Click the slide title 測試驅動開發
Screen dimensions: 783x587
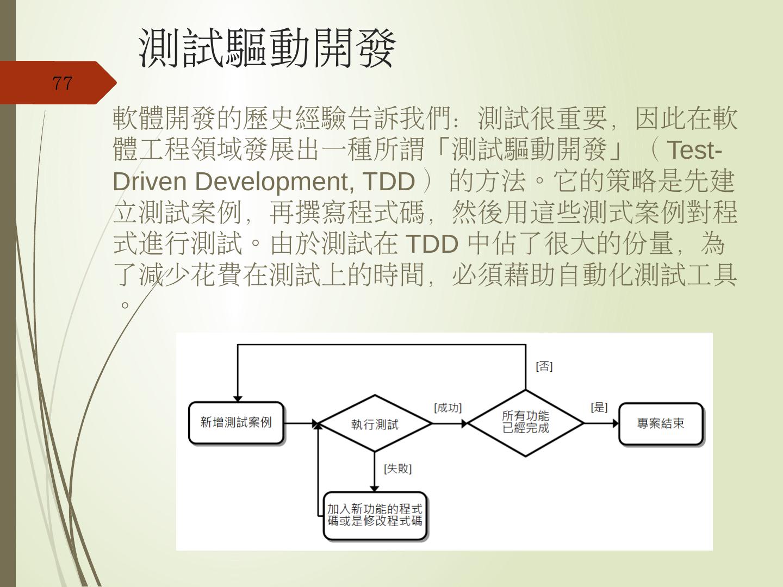[x=267, y=48]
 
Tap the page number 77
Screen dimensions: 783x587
[x=62, y=83]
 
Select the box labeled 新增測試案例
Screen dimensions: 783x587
[x=236, y=423]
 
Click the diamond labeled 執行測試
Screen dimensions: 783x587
[x=375, y=424]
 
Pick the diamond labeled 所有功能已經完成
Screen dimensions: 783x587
[x=525, y=422]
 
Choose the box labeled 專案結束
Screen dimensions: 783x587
[x=661, y=423]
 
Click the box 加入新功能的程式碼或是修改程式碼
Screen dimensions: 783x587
[x=375, y=515]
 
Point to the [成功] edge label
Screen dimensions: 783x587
[x=448, y=408]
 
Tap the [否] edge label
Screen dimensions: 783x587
[x=544, y=366]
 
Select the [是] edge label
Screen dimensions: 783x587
[x=599, y=407]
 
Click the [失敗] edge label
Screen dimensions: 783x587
[x=398, y=469]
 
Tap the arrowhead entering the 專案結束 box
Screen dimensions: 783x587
[x=616, y=423]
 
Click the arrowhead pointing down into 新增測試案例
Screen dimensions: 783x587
[x=238, y=398]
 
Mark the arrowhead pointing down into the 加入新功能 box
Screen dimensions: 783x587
[x=375, y=488]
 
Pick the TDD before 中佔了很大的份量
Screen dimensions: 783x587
[x=432, y=244]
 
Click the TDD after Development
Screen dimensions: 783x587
[x=388, y=182]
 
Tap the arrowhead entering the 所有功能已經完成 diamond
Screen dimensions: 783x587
[x=464, y=423]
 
